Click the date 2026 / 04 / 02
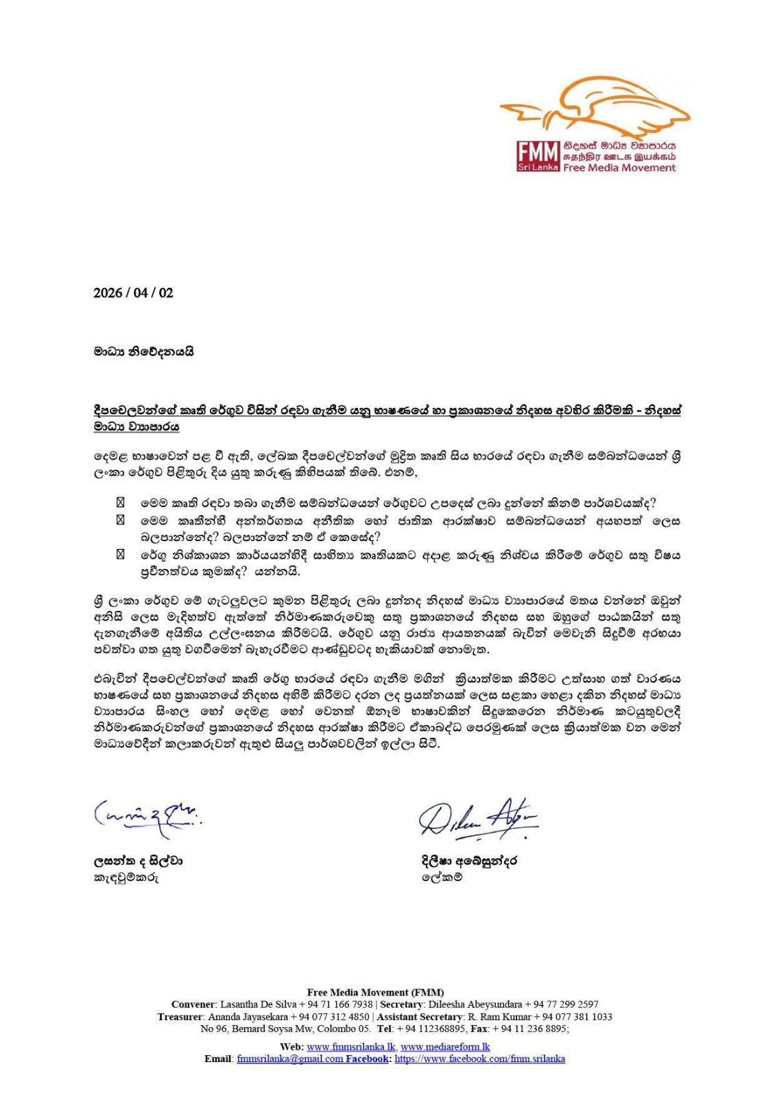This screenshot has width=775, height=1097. [133, 293]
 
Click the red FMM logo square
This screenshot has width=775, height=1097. [538, 156]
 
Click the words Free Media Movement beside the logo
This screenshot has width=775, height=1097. [619, 168]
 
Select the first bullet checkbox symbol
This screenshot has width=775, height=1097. [121, 503]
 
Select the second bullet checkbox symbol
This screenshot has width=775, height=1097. [121, 520]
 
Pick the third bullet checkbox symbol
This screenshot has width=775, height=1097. [121, 553]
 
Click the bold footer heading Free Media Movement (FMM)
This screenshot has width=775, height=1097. [375, 992]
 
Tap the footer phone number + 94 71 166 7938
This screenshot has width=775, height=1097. [336, 1004]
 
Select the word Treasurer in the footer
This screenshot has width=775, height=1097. [180, 1017]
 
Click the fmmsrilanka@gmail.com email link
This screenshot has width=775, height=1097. [289, 1059]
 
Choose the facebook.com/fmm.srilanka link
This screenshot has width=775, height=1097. [480, 1059]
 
